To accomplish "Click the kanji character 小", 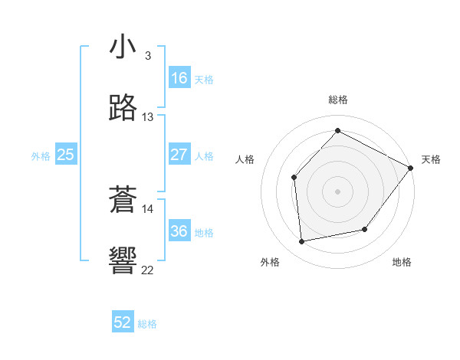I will click(123, 47).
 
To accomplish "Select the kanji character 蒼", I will click(123, 201).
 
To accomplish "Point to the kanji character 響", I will click(123, 260).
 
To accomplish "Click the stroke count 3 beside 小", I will click(148, 56).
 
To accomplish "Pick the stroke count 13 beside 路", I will click(148, 117).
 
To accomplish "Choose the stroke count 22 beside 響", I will click(148, 270).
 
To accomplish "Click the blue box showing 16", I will click(179, 78).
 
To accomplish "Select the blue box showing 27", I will click(179, 155).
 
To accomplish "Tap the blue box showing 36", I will click(179, 231).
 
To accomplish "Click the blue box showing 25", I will click(66, 155).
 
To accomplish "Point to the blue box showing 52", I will click(123, 322).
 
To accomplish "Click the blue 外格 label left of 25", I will click(41, 156).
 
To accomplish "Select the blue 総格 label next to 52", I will click(147, 324).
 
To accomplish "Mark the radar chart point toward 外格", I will click(302, 242).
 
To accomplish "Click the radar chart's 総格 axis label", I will click(338, 100).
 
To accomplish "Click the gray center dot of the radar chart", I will click(337, 191).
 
